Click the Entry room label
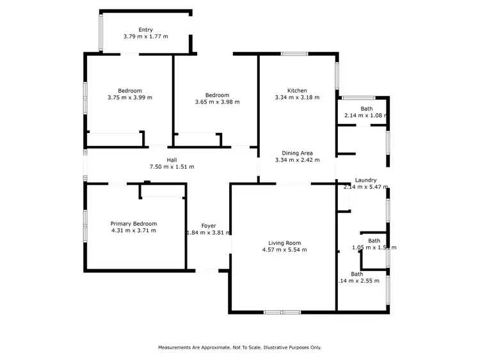146,29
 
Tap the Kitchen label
297,90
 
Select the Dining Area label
297,153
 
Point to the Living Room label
285,243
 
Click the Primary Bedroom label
133,223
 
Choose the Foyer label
209,226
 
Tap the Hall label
172,160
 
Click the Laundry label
365,180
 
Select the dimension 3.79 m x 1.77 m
146,36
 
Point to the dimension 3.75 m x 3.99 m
130,97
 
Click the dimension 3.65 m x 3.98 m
217,102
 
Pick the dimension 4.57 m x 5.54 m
285,250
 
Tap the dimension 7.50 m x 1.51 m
172,167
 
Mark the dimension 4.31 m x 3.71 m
133,230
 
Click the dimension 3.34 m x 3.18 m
297,97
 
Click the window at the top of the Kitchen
295,54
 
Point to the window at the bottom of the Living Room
282,312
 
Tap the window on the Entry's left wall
100,32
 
